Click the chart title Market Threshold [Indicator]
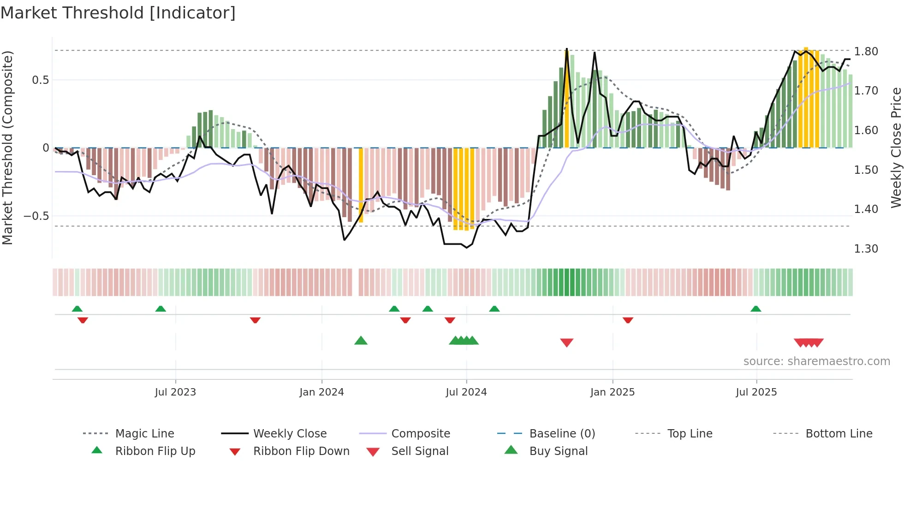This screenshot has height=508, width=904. coord(118,13)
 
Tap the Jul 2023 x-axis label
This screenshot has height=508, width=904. coord(175,392)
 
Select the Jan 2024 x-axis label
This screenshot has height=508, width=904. coord(321,392)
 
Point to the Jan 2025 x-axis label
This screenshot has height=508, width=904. coord(613,392)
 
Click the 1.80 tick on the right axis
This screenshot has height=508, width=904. coord(866,52)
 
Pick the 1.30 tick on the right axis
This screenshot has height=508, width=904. coord(866,249)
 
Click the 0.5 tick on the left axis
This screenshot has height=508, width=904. coord(40,80)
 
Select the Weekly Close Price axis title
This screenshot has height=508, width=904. coord(896,148)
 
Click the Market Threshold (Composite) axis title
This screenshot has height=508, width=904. coord(7,148)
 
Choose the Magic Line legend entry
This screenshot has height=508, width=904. coord(144,434)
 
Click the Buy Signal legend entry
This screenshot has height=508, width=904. coord(558,451)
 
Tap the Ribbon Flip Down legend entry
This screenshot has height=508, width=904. coord(301,451)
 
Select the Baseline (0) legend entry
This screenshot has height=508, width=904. coord(562,434)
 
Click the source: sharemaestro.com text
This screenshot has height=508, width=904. coord(816,361)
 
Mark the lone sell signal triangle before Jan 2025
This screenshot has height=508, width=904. coord(566,343)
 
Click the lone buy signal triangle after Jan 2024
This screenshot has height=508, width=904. coord(361,341)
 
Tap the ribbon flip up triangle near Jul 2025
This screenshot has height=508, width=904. coord(755,309)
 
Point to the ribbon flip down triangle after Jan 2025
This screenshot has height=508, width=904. coord(628,320)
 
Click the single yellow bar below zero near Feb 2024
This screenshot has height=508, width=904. coord(361,184)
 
